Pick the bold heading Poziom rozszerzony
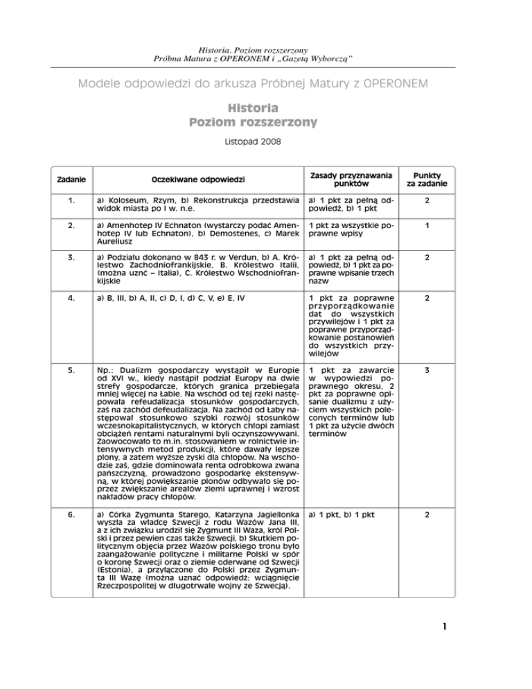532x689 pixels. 243,122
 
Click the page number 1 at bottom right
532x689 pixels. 447,629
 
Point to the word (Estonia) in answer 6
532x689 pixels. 116,568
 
